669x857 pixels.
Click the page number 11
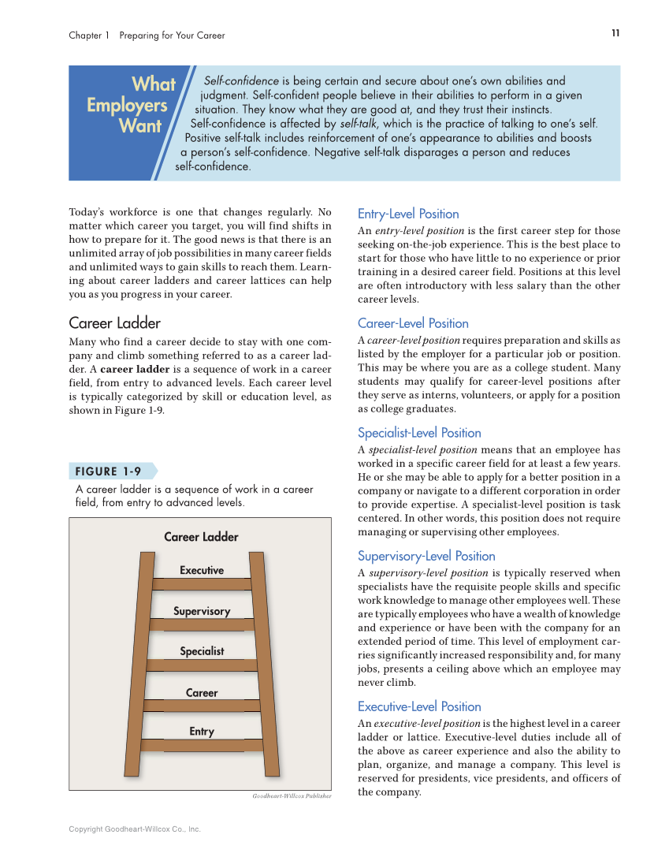tap(615, 32)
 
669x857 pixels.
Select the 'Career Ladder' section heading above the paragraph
tap(115, 323)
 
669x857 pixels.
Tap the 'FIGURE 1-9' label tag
tap(109, 471)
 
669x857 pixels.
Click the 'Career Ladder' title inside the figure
tap(201, 537)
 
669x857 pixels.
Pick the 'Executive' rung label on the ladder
tap(202, 570)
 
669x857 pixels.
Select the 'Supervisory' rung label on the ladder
tap(202, 611)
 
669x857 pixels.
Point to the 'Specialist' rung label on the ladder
tap(202, 651)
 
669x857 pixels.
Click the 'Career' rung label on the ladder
tap(202, 693)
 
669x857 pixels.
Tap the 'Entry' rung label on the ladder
tap(202, 732)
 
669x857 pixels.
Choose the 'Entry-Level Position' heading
tap(408, 214)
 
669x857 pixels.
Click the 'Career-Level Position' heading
tap(413, 323)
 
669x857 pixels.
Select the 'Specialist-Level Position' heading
tap(419, 433)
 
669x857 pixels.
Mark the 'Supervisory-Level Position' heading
tap(426, 556)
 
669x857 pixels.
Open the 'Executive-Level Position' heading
tap(419, 706)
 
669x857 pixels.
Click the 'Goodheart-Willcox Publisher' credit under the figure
tap(292, 796)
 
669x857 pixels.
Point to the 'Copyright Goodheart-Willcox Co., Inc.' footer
tap(135, 829)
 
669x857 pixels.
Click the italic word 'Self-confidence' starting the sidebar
tap(241, 81)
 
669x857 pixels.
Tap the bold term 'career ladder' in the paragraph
tap(133, 369)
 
